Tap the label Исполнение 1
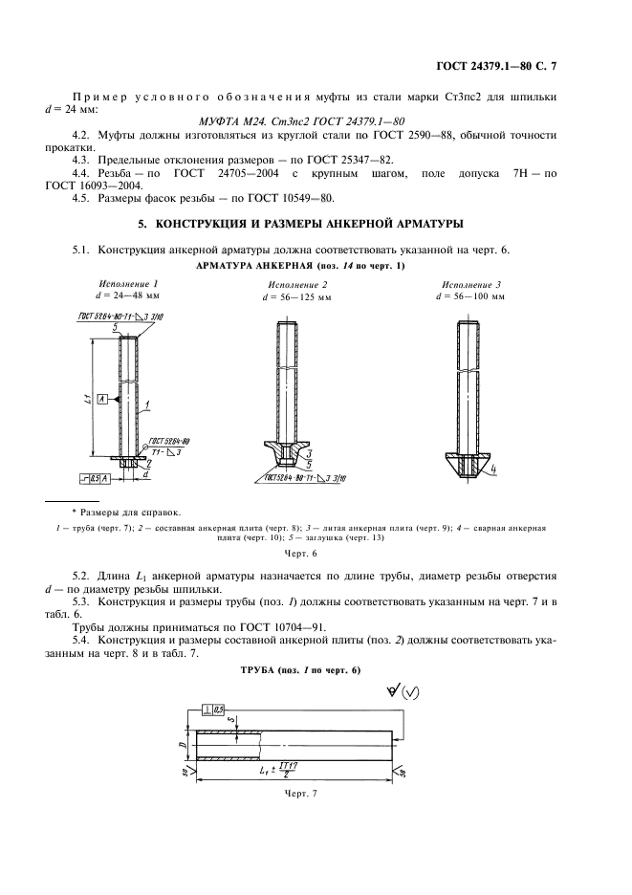[x=128, y=284]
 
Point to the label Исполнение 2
[x=297, y=285]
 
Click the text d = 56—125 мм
[x=297, y=297]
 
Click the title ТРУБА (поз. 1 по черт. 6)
[x=300, y=669]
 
